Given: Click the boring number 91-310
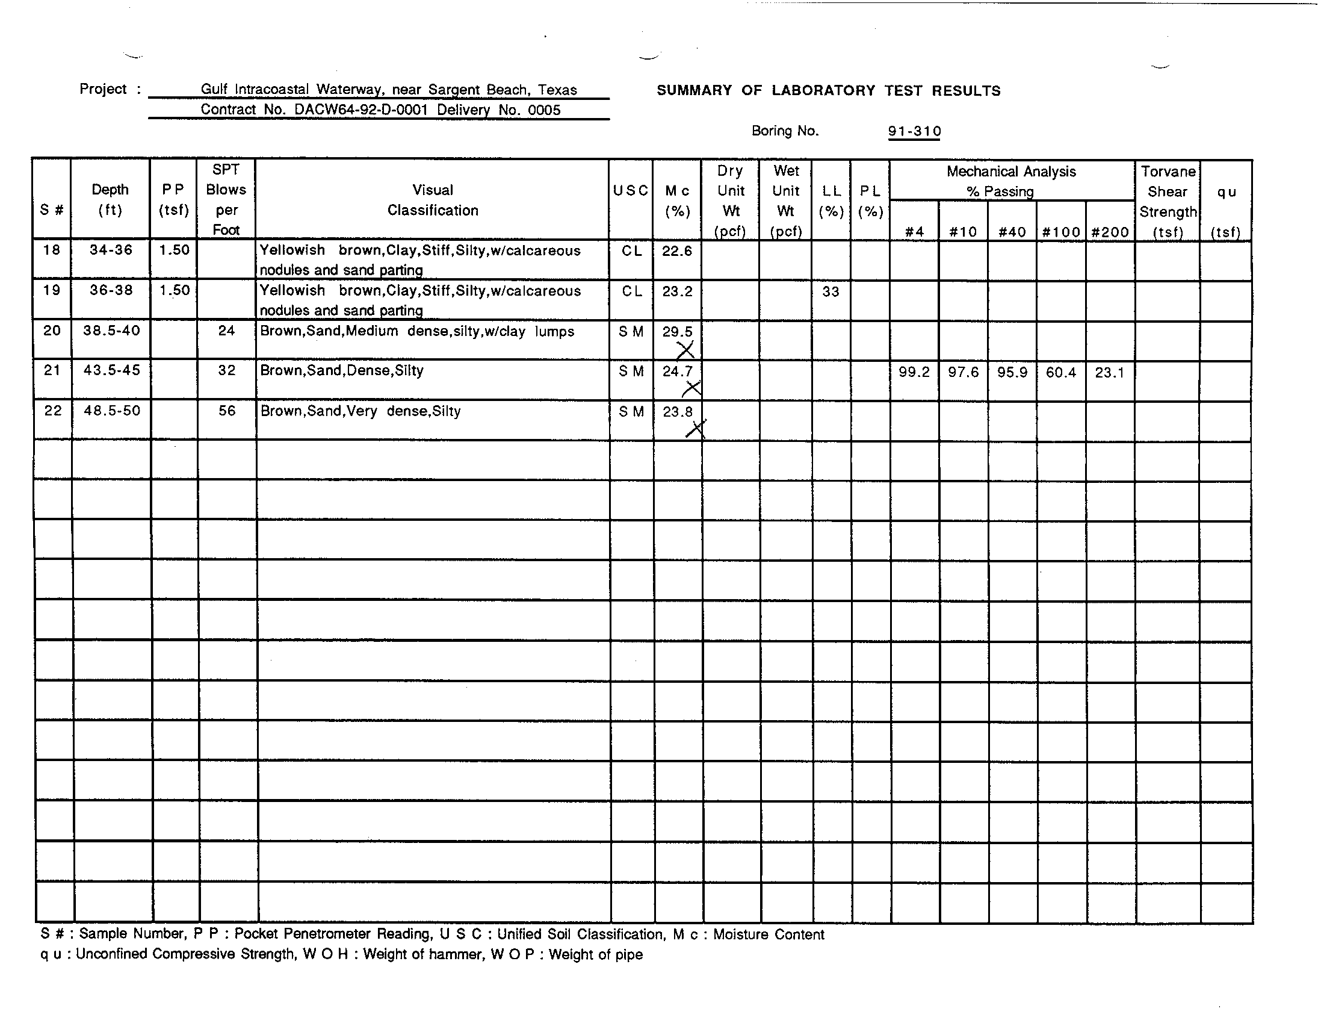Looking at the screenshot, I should [x=914, y=131].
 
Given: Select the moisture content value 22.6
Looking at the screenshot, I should [x=676, y=251].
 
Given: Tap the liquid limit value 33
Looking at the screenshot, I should [x=831, y=291].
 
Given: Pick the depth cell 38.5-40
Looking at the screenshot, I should [x=111, y=331].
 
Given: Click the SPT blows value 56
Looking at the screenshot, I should [x=226, y=411].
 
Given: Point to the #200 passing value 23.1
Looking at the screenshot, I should [x=1109, y=372].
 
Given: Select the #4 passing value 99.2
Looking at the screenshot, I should [x=914, y=372].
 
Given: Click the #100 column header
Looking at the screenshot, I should [x=1060, y=232].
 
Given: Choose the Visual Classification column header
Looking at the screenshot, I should [x=432, y=200].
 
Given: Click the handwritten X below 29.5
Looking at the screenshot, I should [x=685, y=350].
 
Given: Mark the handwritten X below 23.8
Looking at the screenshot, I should [x=696, y=429].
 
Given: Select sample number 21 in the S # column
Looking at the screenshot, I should [x=52, y=370].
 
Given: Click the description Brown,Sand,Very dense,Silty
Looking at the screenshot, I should [x=360, y=411].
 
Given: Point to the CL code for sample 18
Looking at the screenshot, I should [x=631, y=251].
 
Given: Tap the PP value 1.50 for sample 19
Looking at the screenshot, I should [x=174, y=290].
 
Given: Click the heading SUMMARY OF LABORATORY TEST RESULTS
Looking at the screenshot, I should [x=828, y=91].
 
